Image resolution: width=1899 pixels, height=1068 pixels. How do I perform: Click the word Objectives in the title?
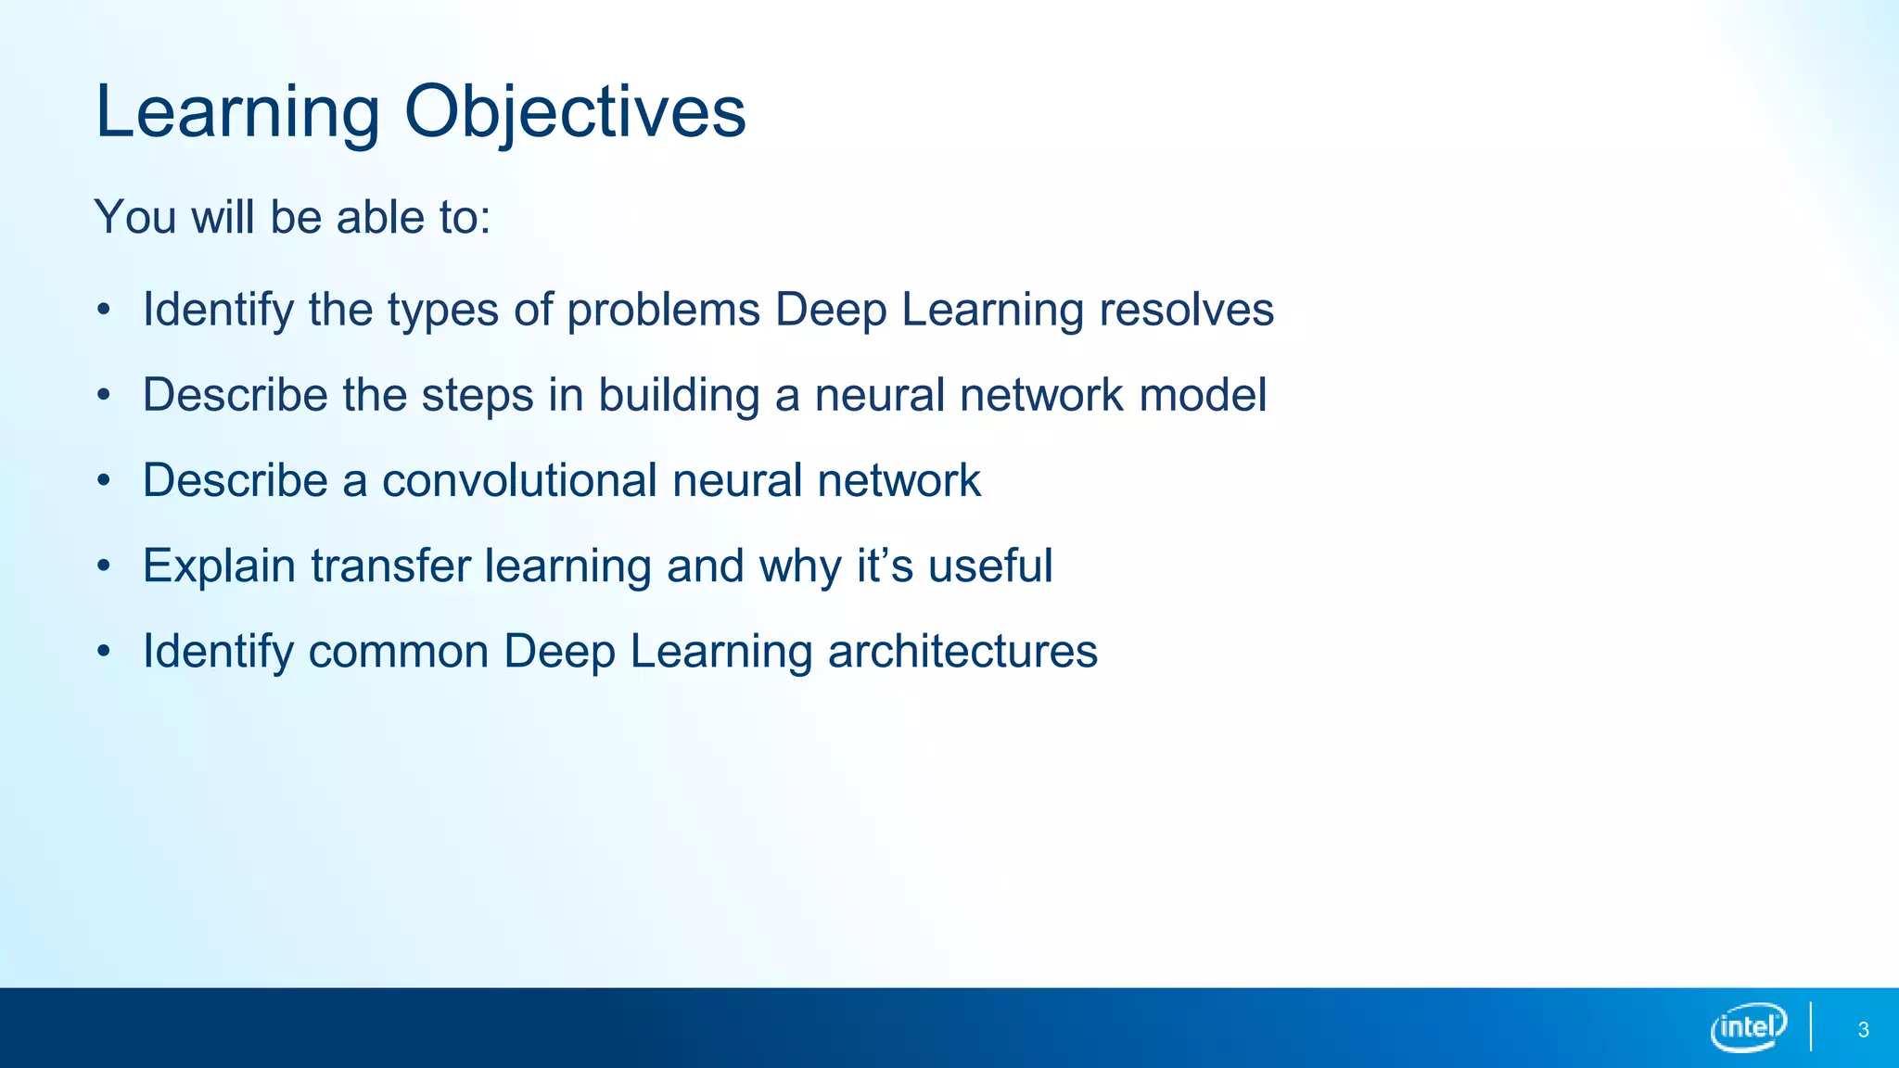(x=575, y=112)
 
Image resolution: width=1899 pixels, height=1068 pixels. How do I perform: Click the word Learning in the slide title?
(x=237, y=112)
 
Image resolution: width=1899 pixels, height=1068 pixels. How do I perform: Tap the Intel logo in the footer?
(x=1749, y=1027)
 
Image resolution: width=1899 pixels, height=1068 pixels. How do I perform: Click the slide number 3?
(x=1863, y=1030)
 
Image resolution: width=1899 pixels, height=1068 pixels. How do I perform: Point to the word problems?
(x=664, y=310)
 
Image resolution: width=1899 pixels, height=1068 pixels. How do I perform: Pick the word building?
(x=679, y=395)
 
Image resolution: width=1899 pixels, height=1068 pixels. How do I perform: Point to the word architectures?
(x=962, y=651)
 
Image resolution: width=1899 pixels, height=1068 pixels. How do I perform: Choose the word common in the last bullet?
(x=399, y=651)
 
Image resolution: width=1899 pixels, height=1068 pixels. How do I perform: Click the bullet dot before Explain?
(x=104, y=566)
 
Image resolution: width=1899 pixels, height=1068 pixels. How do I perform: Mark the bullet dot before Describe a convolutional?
(x=104, y=480)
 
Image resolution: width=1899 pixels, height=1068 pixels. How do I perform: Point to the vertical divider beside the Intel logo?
(x=1811, y=1026)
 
